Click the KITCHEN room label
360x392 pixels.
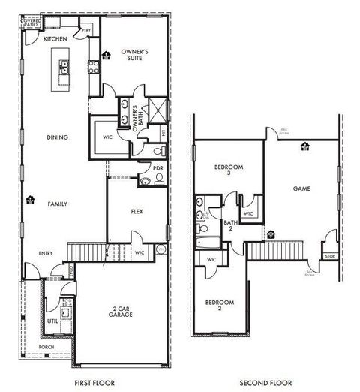click(55, 38)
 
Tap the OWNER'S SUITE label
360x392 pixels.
click(136, 55)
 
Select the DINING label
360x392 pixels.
click(56, 137)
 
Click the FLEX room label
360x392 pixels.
click(136, 212)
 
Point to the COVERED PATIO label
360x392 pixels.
click(31, 23)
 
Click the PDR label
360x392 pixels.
click(157, 168)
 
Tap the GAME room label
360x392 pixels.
click(301, 188)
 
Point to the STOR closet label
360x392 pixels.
click(329, 256)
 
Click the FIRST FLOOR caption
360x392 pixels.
click(94, 383)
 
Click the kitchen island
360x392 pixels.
click(60, 69)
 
